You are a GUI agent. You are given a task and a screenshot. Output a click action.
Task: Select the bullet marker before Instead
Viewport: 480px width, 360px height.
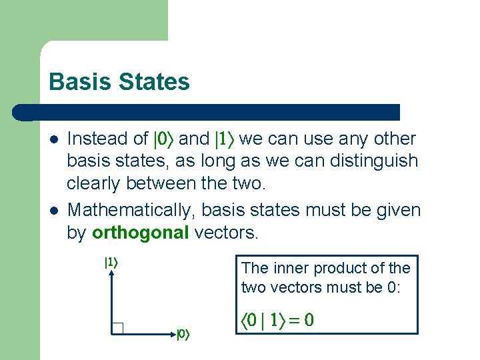[54, 139]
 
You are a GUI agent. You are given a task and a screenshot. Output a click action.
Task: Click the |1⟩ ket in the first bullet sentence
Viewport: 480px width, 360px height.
[223, 139]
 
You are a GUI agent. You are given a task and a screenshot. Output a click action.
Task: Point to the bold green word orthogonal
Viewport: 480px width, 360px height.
[140, 233]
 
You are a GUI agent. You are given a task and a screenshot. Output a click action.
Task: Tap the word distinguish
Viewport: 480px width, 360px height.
[378, 161]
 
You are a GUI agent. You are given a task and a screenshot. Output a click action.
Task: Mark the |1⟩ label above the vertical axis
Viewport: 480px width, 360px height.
[111, 263]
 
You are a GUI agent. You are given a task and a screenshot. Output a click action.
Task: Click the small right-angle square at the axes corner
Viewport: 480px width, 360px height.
[118, 327]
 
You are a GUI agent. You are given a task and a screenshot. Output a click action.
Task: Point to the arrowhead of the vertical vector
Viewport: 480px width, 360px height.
[111, 275]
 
